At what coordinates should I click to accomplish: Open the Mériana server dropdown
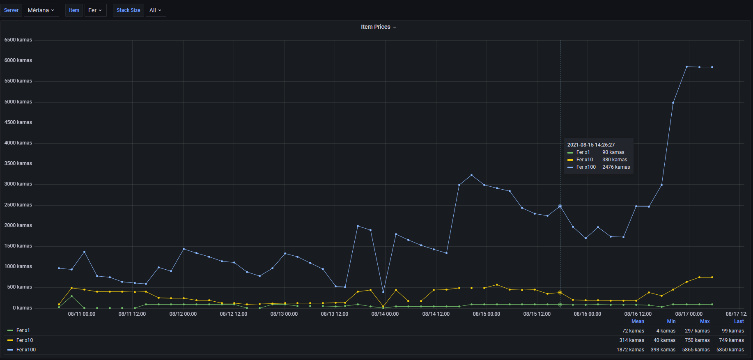click(41, 10)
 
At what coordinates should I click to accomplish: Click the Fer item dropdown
click(95, 10)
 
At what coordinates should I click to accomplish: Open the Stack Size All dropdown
click(156, 10)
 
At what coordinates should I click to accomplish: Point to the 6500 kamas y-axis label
click(18, 40)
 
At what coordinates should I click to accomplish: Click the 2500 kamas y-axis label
click(18, 205)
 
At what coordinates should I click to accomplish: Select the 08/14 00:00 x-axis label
click(385, 314)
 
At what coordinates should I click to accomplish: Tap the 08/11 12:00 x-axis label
click(132, 314)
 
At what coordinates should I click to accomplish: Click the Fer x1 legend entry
click(23, 330)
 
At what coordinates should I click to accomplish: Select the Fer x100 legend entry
click(26, 350)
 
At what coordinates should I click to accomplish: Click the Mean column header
click(637, 321)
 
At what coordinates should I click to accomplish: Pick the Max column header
click(705, 321)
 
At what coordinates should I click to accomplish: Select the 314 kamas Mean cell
click(631, 340)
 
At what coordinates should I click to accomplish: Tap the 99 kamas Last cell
click(732, 331)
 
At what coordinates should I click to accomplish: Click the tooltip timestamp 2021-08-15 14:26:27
click(591, 145)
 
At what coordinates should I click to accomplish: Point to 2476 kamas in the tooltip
click(616, 167)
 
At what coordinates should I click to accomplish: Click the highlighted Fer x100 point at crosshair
click(560, 206)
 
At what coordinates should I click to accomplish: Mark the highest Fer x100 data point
click(686, 66)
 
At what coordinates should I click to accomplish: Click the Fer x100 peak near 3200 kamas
click(471, 175)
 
